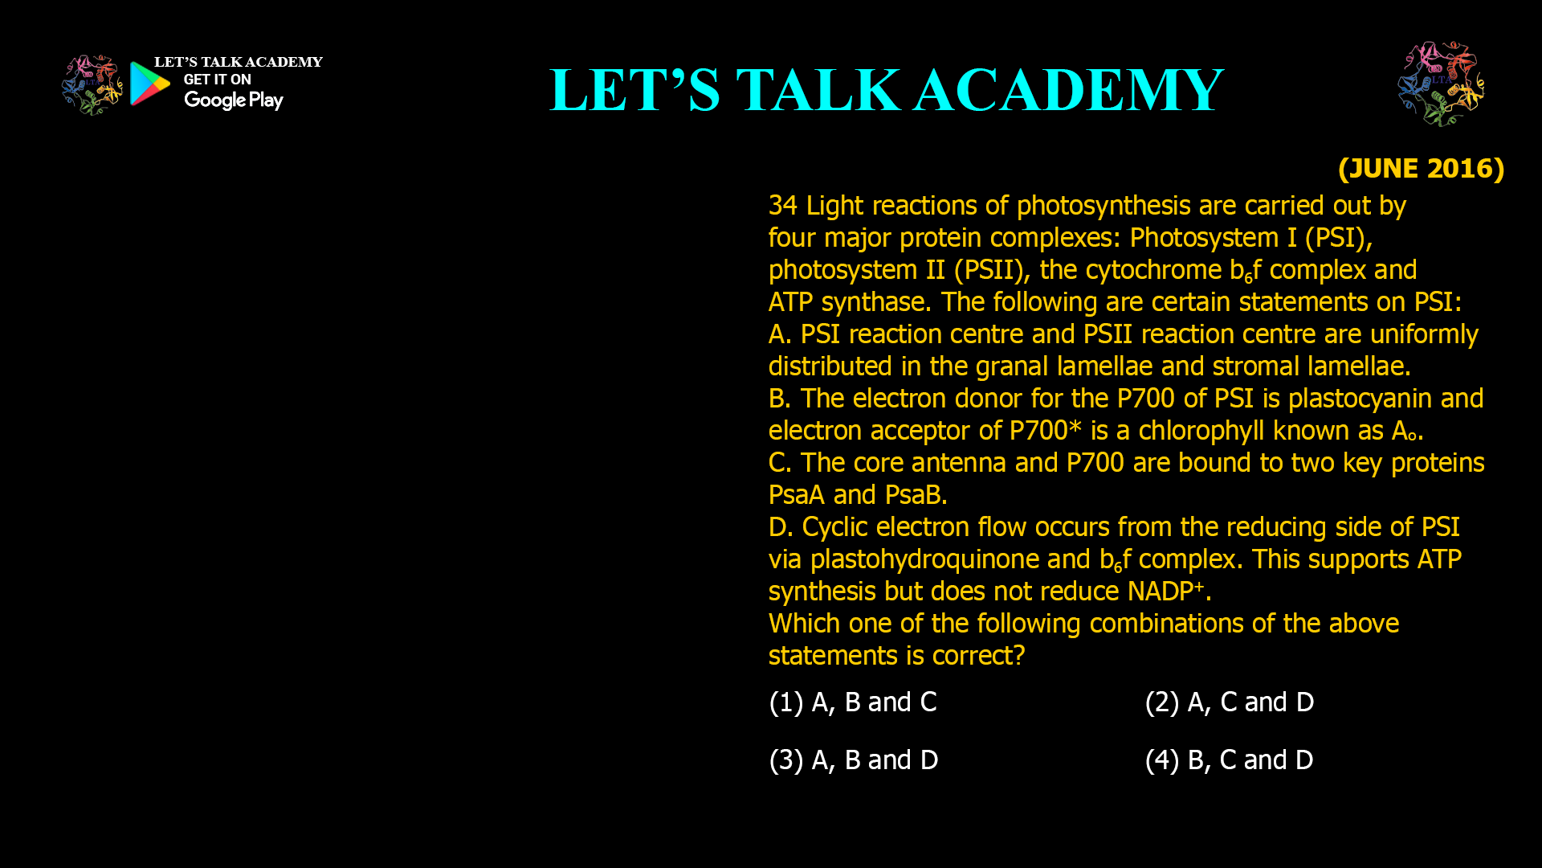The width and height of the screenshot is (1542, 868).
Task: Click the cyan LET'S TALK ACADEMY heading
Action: [x=886, y=90]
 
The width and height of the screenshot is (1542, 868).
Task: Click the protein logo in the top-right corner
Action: [x=1441, y=84]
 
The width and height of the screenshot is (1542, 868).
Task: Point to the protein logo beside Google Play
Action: [x=92, y=84]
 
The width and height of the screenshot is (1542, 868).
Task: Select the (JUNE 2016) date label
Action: [x=1420, y=169]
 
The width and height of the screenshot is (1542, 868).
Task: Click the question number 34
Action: [x=782, y=206]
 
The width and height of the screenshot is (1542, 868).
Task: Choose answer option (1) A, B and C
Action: [x=853, y=702]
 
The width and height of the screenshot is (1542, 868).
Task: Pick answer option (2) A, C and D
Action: [x=1229, y=702]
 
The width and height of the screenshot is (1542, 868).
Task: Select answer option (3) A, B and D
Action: [x=853, y=760]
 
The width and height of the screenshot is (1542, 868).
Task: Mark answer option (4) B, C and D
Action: [x=1229, y=760]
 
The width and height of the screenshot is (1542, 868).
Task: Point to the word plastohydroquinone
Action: [x=925, y=559]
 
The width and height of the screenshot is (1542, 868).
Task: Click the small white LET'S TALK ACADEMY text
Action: [x=239, y=63]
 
